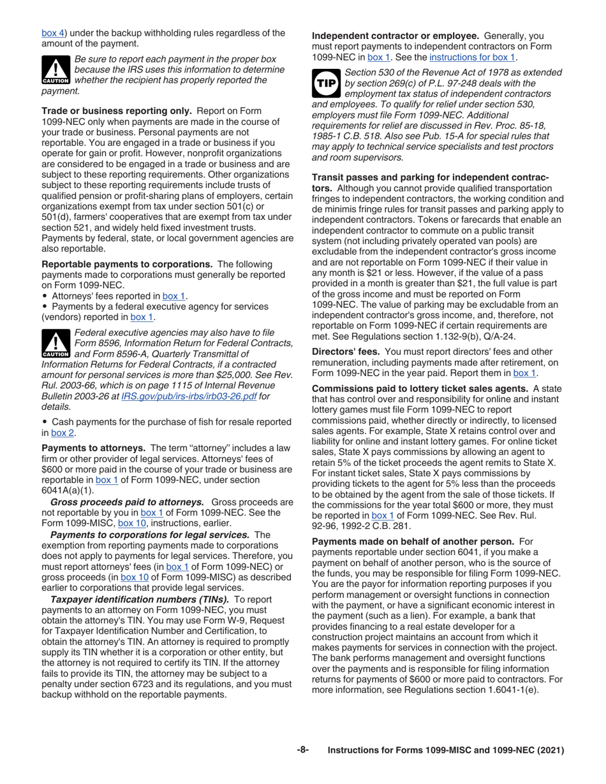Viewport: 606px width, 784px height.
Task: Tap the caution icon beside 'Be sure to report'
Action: [x=56, y=71]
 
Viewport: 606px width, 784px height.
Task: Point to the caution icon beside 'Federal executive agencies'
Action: [x=56, y=344]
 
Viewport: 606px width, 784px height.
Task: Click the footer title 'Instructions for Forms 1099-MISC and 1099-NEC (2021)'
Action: [x=446, y=751]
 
